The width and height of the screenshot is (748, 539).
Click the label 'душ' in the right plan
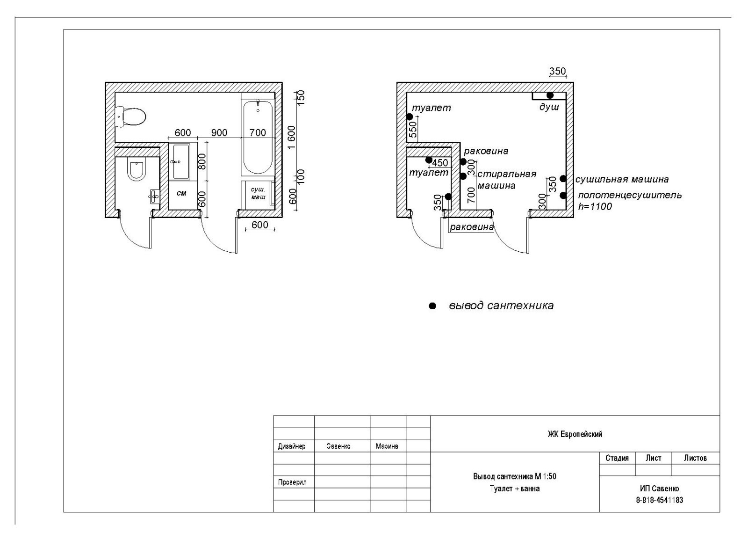pos(549,107)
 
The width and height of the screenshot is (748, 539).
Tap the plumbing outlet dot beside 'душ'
pos(550,95)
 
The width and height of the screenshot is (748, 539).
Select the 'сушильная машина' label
pos(622,179)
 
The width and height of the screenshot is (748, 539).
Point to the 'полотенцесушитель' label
pos(630,195)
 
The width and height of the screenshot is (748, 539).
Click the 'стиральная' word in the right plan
pos(506,174)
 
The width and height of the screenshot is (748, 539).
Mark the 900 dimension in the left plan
pos(219,133)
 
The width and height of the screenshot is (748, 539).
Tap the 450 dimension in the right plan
pos(440,163)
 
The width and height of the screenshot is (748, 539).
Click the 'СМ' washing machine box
pos(181,193)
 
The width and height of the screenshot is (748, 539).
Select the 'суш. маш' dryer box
pos(258,194)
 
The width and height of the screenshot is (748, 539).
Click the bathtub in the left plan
pos(257,138)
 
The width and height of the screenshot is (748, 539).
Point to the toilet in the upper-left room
pos(131,116)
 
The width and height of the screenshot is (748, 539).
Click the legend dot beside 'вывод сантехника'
pos(432,306)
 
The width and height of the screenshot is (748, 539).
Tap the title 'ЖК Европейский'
pos(575,434)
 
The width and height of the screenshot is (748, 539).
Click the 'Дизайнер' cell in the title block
pos(292,446)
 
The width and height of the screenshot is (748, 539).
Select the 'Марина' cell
pos(387,446)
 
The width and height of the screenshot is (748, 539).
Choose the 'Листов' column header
pos(695,458)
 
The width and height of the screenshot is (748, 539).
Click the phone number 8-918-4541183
pos(659,500)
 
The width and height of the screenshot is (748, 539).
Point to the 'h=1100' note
pos(595,206)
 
